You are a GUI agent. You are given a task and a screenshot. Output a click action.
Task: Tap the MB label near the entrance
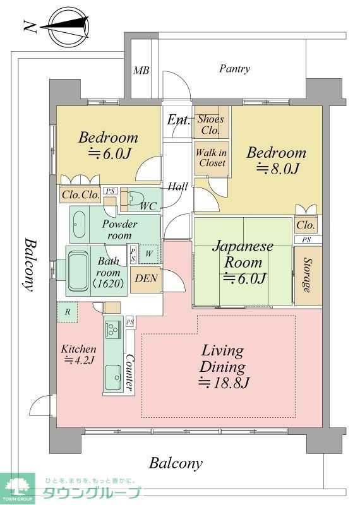pyautogui.click(x=141, y=70)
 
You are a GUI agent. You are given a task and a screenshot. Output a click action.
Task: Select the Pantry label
pyautogui.click(x=234, y=69)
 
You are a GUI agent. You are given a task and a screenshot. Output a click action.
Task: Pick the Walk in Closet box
pyautogui.click(x=212, y=158)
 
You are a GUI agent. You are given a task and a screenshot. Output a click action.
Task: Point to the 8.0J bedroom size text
pyautogui.click(x=277, y=168)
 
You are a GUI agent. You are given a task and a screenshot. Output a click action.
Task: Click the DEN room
pyautogui.click(x=146, y=280)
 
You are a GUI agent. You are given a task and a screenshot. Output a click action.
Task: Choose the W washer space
pyautogui.click(x=148, y=254)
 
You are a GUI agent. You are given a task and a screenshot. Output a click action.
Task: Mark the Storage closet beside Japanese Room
pyautogui.click(x=308, y=276)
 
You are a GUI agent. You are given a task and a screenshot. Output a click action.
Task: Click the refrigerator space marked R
pyautogui.click(x=68, y=312)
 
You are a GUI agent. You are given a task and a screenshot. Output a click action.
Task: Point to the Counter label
pyautogui.click(x=129, y=372)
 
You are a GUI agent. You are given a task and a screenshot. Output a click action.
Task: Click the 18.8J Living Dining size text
pyautogui.click(x=224, y=383)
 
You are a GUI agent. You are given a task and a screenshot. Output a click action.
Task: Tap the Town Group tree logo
pyautogui.click(x=18, y=489)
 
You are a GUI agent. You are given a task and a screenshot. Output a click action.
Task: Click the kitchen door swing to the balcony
pyautogui.click(x=40, y=405)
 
